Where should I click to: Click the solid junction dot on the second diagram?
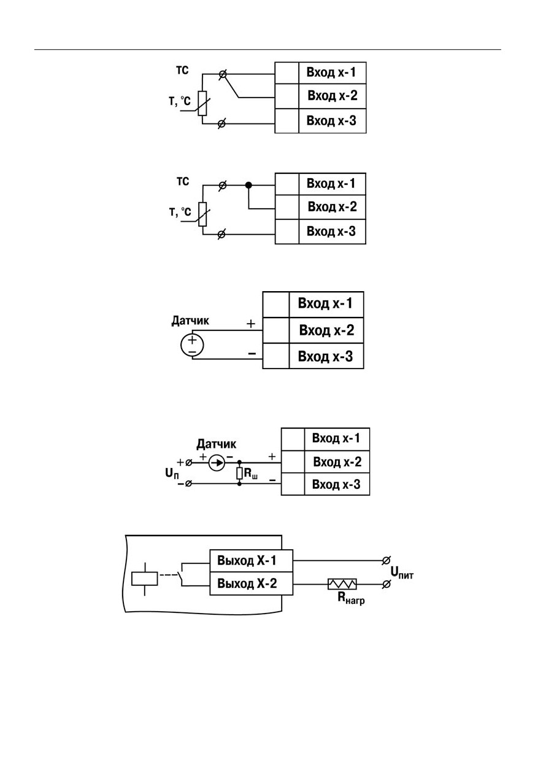[248, 185]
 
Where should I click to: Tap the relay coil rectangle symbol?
[144, 579]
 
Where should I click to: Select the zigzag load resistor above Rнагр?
[342, 584]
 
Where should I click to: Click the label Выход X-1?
[247, 561]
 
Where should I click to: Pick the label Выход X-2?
[247, 583]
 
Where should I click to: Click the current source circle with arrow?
[217, 462]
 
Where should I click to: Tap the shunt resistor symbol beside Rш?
[239, 474]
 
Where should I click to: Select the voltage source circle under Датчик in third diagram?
[192, 345]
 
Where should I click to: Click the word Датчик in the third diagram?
[190, 321]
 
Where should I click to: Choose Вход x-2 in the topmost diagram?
[333, 95]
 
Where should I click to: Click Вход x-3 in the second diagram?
[331, 231]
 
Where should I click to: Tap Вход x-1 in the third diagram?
[325, 303]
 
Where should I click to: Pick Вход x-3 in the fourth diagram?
[336, 484]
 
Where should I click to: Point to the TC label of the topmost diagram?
[182, 71]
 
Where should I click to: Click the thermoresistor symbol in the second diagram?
[202, 214]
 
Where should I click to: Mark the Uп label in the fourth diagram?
[172, 474]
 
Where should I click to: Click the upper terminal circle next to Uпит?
[386, 560]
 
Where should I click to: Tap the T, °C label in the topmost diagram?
[180, 101]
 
